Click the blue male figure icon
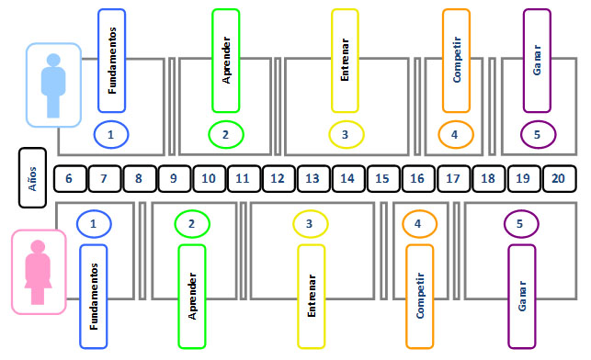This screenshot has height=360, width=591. [x=53, y=85]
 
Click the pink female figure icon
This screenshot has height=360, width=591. [x=39, y=272]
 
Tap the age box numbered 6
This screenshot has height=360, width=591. [x=70, y=178]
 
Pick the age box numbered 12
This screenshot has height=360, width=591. [x=278, y=178]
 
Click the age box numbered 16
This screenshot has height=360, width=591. [x=418, y=178]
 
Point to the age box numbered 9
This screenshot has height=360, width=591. [x=174, y=178]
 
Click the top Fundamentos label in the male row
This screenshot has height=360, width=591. [x=112, y=61]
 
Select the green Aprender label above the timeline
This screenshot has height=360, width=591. [x=226, y=61]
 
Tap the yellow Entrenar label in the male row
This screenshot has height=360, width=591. [x=345, y=61]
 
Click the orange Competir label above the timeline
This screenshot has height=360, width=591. [x=456, y=61]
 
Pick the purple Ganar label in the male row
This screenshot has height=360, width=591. [x=537, y=61]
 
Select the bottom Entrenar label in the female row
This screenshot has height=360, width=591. [x=312, y=296]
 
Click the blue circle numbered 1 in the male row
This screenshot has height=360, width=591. [x=110, y=135]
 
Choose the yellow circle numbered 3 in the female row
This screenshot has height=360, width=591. [x=310, y=223]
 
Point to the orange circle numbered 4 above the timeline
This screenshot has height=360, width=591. [x=454, y=135]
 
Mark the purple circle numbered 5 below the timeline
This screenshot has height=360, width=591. [x=519, y=223]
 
